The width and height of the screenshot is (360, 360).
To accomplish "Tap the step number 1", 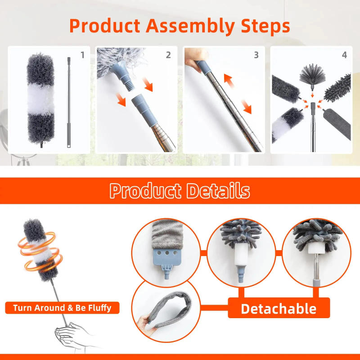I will click(x=82, y=55).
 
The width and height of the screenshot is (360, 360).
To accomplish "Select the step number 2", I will click(x=168, y=55).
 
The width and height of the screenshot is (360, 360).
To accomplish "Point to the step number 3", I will click(x=256, y=55).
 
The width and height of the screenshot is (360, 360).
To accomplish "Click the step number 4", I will click(x=344, y=55).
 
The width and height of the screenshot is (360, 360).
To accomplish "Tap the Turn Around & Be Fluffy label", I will click(x=62, y=308).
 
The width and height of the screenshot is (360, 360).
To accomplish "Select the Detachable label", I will click(x=279, y=309).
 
